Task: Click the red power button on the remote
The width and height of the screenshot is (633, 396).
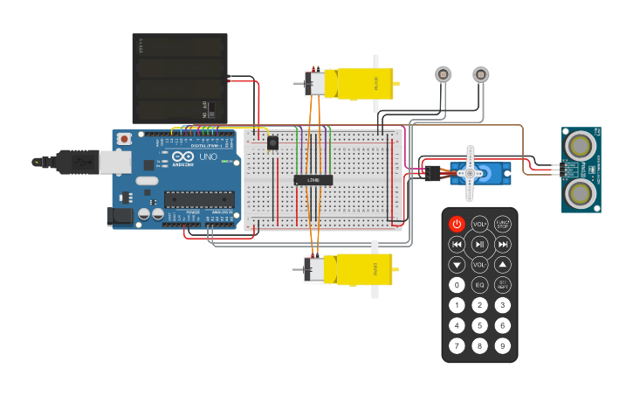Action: (x=457, y=224)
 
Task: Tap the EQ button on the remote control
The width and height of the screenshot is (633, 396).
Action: (x=479, y=285)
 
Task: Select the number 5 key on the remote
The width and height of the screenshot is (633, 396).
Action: (x=479, y=325)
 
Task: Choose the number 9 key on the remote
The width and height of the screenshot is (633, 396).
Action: (x=502, y=345)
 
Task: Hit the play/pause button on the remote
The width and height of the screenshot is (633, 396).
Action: (x=479, y=244)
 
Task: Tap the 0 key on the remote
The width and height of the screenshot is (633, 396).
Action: (x=457, y=285)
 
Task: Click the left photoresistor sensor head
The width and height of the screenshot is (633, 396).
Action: (x=444, y=74)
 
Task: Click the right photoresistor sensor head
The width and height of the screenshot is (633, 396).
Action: (x=480, y=74)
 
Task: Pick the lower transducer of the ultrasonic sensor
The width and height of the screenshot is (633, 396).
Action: (x=581, y=192)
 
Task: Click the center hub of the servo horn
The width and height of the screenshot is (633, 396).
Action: (x=471, y=173)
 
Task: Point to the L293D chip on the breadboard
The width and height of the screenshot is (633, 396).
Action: (x=313, y=180)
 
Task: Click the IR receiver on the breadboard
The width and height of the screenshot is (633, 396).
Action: (x=272, y=142)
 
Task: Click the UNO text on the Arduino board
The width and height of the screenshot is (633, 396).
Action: (x=209, y=157)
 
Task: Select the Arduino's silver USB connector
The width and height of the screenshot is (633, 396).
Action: (x=86, y=161)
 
